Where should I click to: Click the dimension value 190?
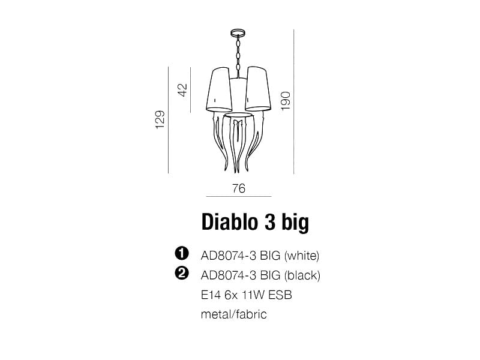(286, 101)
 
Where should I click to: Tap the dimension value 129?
(160, 119)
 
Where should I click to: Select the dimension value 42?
(182, 89)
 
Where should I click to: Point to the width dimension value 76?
(239, 188)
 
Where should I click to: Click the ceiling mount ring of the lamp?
(238, 32)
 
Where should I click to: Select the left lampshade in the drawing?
(218, 89)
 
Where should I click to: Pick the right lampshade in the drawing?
(258, 89)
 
